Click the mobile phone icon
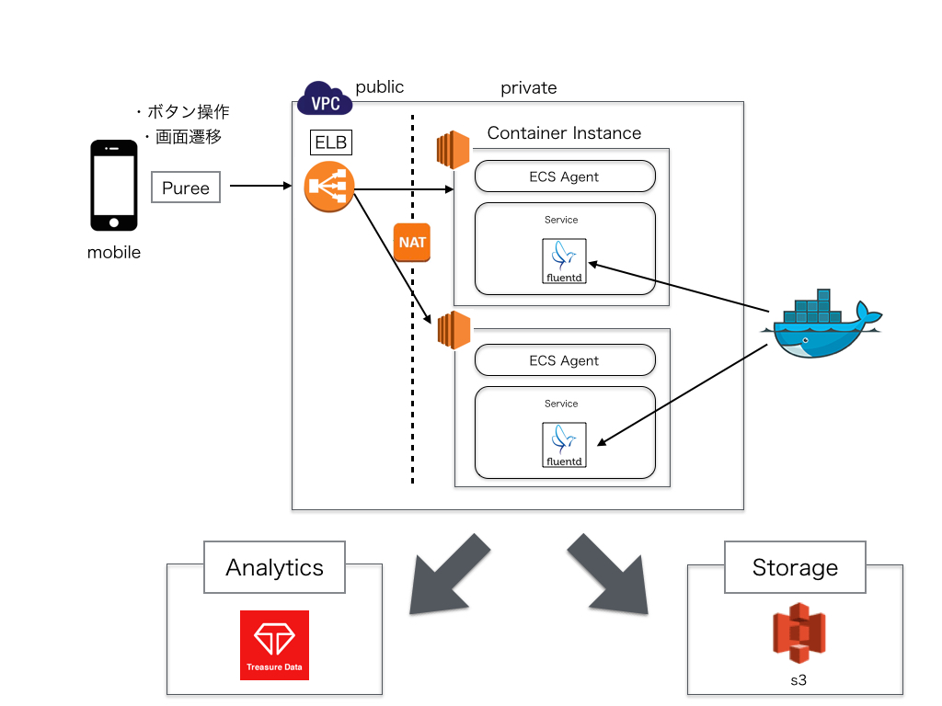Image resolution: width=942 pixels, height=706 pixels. [x=113, y=186]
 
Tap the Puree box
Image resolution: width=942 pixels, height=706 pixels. [x=186, y=188]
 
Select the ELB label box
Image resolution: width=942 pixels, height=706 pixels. [x=331, y=143]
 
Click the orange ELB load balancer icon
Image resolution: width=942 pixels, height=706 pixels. [x=329, y=188]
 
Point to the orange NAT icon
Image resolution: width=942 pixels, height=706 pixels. [x=411, y=242]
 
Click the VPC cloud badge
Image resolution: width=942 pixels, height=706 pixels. [x=326, y=99]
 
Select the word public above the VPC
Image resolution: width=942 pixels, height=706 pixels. [x=380, y=86]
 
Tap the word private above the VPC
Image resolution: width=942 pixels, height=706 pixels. [x=528, y=88]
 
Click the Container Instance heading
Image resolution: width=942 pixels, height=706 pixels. [x=564, y=133]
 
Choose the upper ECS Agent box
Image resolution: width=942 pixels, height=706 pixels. [x=565, y=176]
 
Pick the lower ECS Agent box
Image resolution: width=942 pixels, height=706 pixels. [x=565, y=360]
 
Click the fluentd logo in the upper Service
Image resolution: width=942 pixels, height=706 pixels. [x=564, y=261]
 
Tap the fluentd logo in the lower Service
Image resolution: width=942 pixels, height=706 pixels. [x=564, y=445]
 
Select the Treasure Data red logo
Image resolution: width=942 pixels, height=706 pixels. [x=274, y=644]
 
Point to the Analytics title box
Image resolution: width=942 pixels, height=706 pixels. [x=274, y=567]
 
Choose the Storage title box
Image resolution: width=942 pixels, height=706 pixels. [x=795, y=567]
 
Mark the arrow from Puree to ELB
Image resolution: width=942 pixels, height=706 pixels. [x=260, y=187]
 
